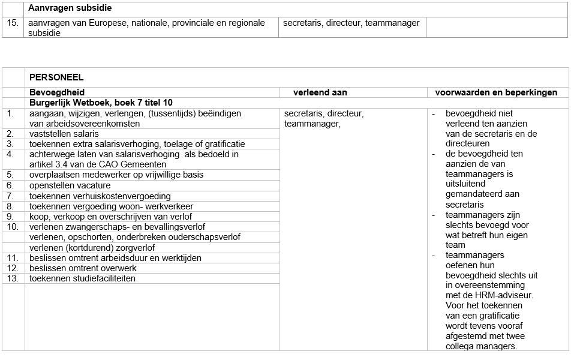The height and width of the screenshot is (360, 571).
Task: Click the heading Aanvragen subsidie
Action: [x=70, y=8]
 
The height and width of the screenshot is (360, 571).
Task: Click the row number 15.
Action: [x=12, y=23]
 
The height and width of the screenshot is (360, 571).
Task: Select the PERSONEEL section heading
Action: [x=56, y=77]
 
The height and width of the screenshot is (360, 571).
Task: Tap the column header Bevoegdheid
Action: [x=57, y=92]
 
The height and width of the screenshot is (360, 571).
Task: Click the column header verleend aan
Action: [x=320, y=92]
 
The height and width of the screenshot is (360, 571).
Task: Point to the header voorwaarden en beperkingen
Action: [x=496, y=92]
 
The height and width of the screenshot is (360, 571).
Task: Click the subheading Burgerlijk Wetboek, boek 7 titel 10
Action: [x=101, y=103]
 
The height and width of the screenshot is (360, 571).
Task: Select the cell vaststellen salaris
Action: [x=64, y=134]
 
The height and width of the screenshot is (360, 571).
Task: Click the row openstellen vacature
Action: [x=70, y=185]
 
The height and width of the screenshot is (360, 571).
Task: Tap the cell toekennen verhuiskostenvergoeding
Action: [x=100, y=196]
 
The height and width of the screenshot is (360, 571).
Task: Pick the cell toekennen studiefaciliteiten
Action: [x=83, y=278]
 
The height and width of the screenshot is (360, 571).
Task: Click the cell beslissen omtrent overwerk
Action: [x=83, y=268]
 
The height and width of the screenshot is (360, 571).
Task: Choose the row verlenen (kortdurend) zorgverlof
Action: [x=92, y=248]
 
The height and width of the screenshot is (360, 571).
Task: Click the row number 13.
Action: [x=12, y=278]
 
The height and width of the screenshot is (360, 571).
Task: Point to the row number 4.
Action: [x=10, y=154]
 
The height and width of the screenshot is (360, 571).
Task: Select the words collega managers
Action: [x=481, y=346]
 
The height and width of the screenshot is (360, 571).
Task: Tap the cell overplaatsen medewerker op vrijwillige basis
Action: [x=116, y=175]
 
